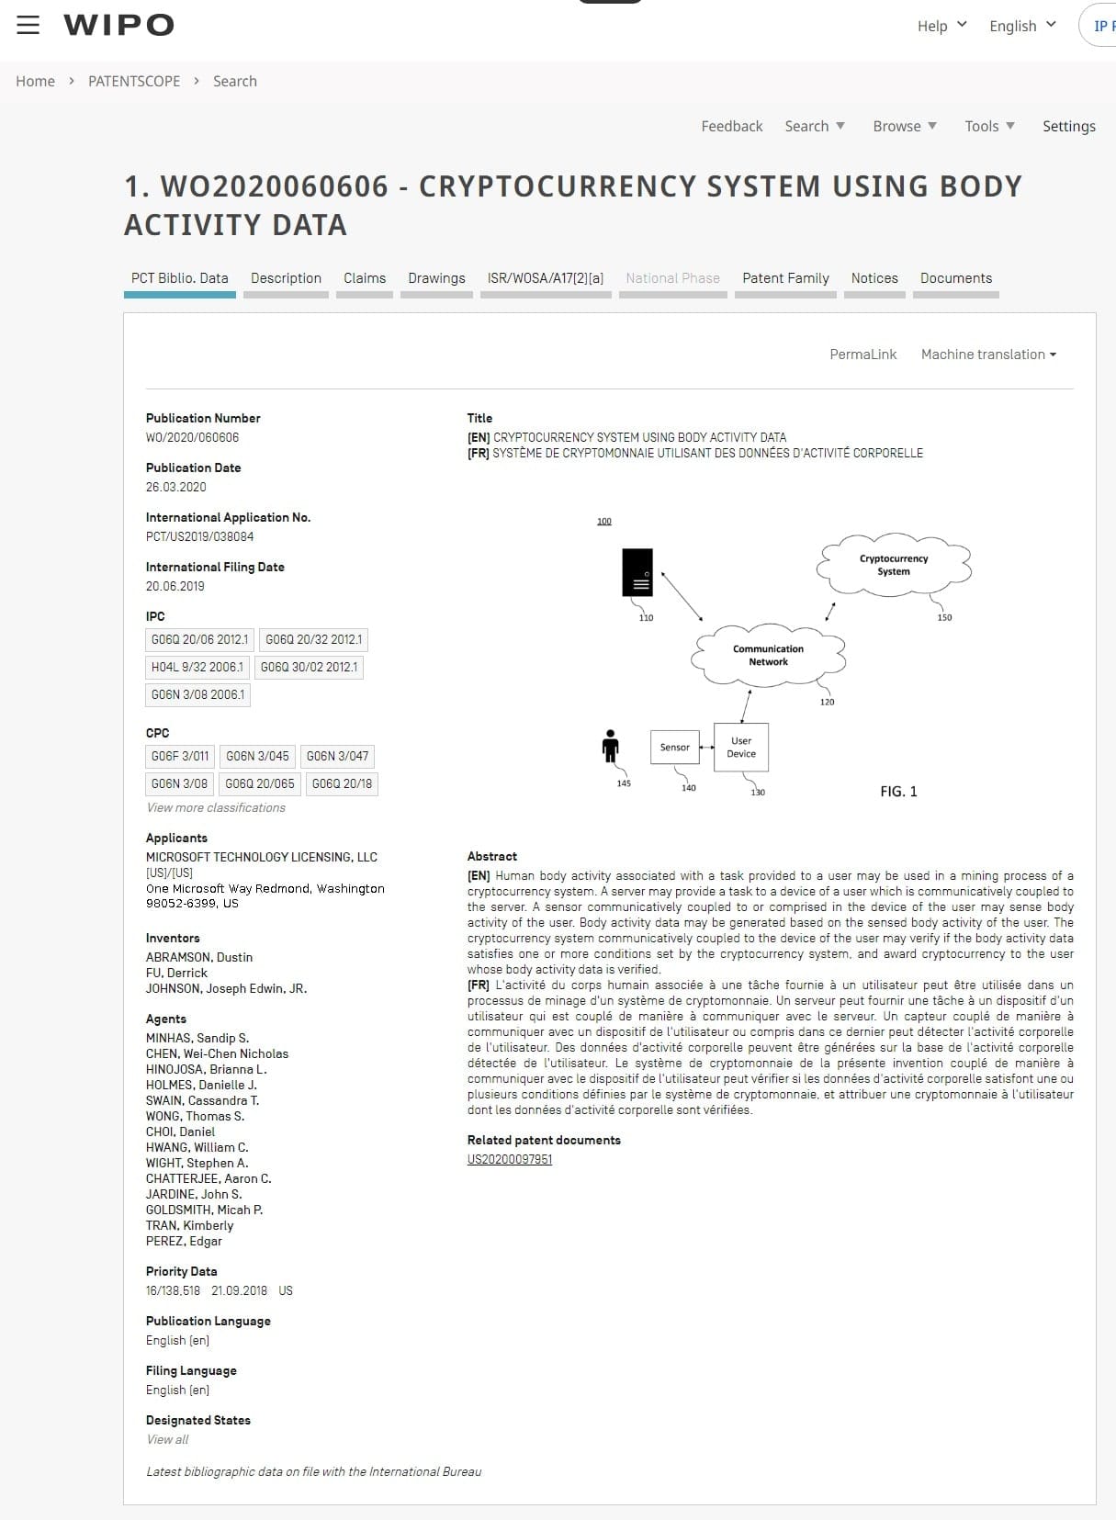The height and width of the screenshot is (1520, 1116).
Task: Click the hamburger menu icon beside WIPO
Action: click(28, 25)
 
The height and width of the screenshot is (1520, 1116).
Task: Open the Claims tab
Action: click(365, 278)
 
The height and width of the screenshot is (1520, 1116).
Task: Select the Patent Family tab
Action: click(785, 278)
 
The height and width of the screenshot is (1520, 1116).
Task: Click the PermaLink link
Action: click(862, 355)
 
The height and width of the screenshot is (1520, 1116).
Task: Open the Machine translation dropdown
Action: click(988, 355)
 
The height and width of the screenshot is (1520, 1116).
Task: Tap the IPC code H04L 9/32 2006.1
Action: click(197, 667)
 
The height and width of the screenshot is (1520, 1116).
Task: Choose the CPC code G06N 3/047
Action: click(337, 756)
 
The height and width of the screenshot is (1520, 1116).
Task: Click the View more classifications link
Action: click(216, 807)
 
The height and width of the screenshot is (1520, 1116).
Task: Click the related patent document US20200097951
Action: click(510, 1159)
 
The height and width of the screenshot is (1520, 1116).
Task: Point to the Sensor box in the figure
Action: click(674, 748)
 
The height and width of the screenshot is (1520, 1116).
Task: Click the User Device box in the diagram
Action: click(741, 747)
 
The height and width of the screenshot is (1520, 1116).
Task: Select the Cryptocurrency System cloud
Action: click(894, 565)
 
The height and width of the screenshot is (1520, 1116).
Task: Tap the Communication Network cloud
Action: click(768, 655)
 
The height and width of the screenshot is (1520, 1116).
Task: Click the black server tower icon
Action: click(637, 572)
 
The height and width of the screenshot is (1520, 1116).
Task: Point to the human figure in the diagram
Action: click(611, 746)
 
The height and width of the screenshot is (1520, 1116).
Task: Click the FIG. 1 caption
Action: click(898, 792)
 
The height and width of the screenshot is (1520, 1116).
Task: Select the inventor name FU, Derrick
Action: click(176, 973)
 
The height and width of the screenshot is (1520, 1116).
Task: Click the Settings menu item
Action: click(1068, 126)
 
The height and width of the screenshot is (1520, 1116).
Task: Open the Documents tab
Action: click(956, 278)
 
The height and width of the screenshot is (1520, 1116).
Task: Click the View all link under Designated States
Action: click(167, 1439)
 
